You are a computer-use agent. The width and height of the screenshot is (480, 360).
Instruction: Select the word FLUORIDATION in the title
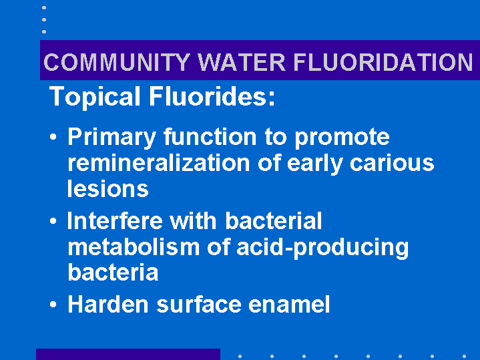point(383,62)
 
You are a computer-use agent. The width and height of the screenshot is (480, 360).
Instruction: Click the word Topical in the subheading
point(95,97)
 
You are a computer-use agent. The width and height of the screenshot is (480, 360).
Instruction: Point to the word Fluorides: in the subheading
point(212,96)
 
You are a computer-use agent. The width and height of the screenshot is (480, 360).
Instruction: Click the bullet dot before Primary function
point(53,137)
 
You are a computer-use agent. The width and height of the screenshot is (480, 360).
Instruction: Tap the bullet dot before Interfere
point(53,221)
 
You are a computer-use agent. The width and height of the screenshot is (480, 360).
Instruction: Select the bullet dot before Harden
point(53,305)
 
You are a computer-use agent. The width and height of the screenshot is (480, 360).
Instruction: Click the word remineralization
point(159,163)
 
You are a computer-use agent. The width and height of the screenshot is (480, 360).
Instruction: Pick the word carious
point(392,163)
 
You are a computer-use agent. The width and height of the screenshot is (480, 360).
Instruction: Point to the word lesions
point(108,189)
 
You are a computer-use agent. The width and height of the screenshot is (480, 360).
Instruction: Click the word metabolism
point(134,247)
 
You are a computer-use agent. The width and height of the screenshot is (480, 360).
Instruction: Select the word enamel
point(289,305)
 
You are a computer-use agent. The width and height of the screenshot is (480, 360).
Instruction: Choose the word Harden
point(108,305)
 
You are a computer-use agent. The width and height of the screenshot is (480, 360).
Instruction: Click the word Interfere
point(115,220)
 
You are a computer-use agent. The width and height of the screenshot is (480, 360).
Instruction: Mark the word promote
point(342,138)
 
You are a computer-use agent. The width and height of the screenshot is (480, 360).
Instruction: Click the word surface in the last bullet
point(199,305)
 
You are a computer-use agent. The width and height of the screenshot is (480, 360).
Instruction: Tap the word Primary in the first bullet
point(112,138)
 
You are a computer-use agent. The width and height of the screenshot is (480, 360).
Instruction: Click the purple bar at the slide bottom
point(128,354)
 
